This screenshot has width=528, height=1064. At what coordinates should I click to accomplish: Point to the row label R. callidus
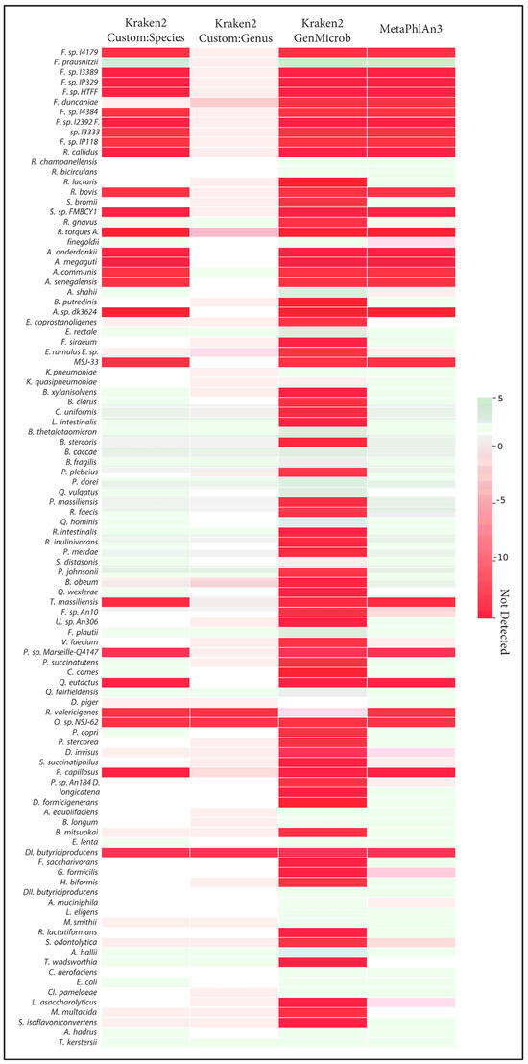tap(74, 153)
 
